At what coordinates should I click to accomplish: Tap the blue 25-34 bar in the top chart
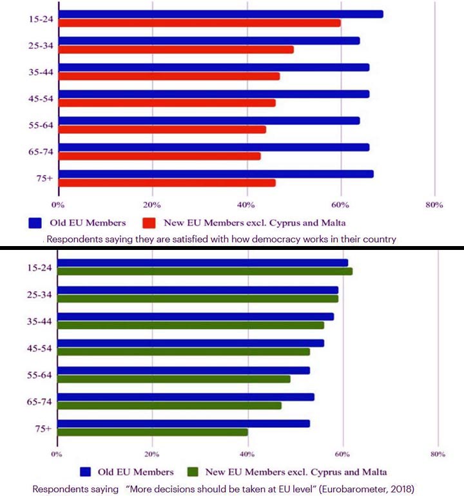click(209, 41)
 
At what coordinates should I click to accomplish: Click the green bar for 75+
click(153, 432)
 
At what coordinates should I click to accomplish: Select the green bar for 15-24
click(205, 271)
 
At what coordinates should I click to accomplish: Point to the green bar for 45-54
click(184, 352)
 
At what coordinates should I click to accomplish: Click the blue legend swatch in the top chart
click(35, 224)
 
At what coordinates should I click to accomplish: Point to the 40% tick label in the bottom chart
click(247, 455)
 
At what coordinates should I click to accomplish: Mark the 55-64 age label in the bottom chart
click(40, 374)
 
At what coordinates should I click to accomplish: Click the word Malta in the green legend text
click(372, 472)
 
